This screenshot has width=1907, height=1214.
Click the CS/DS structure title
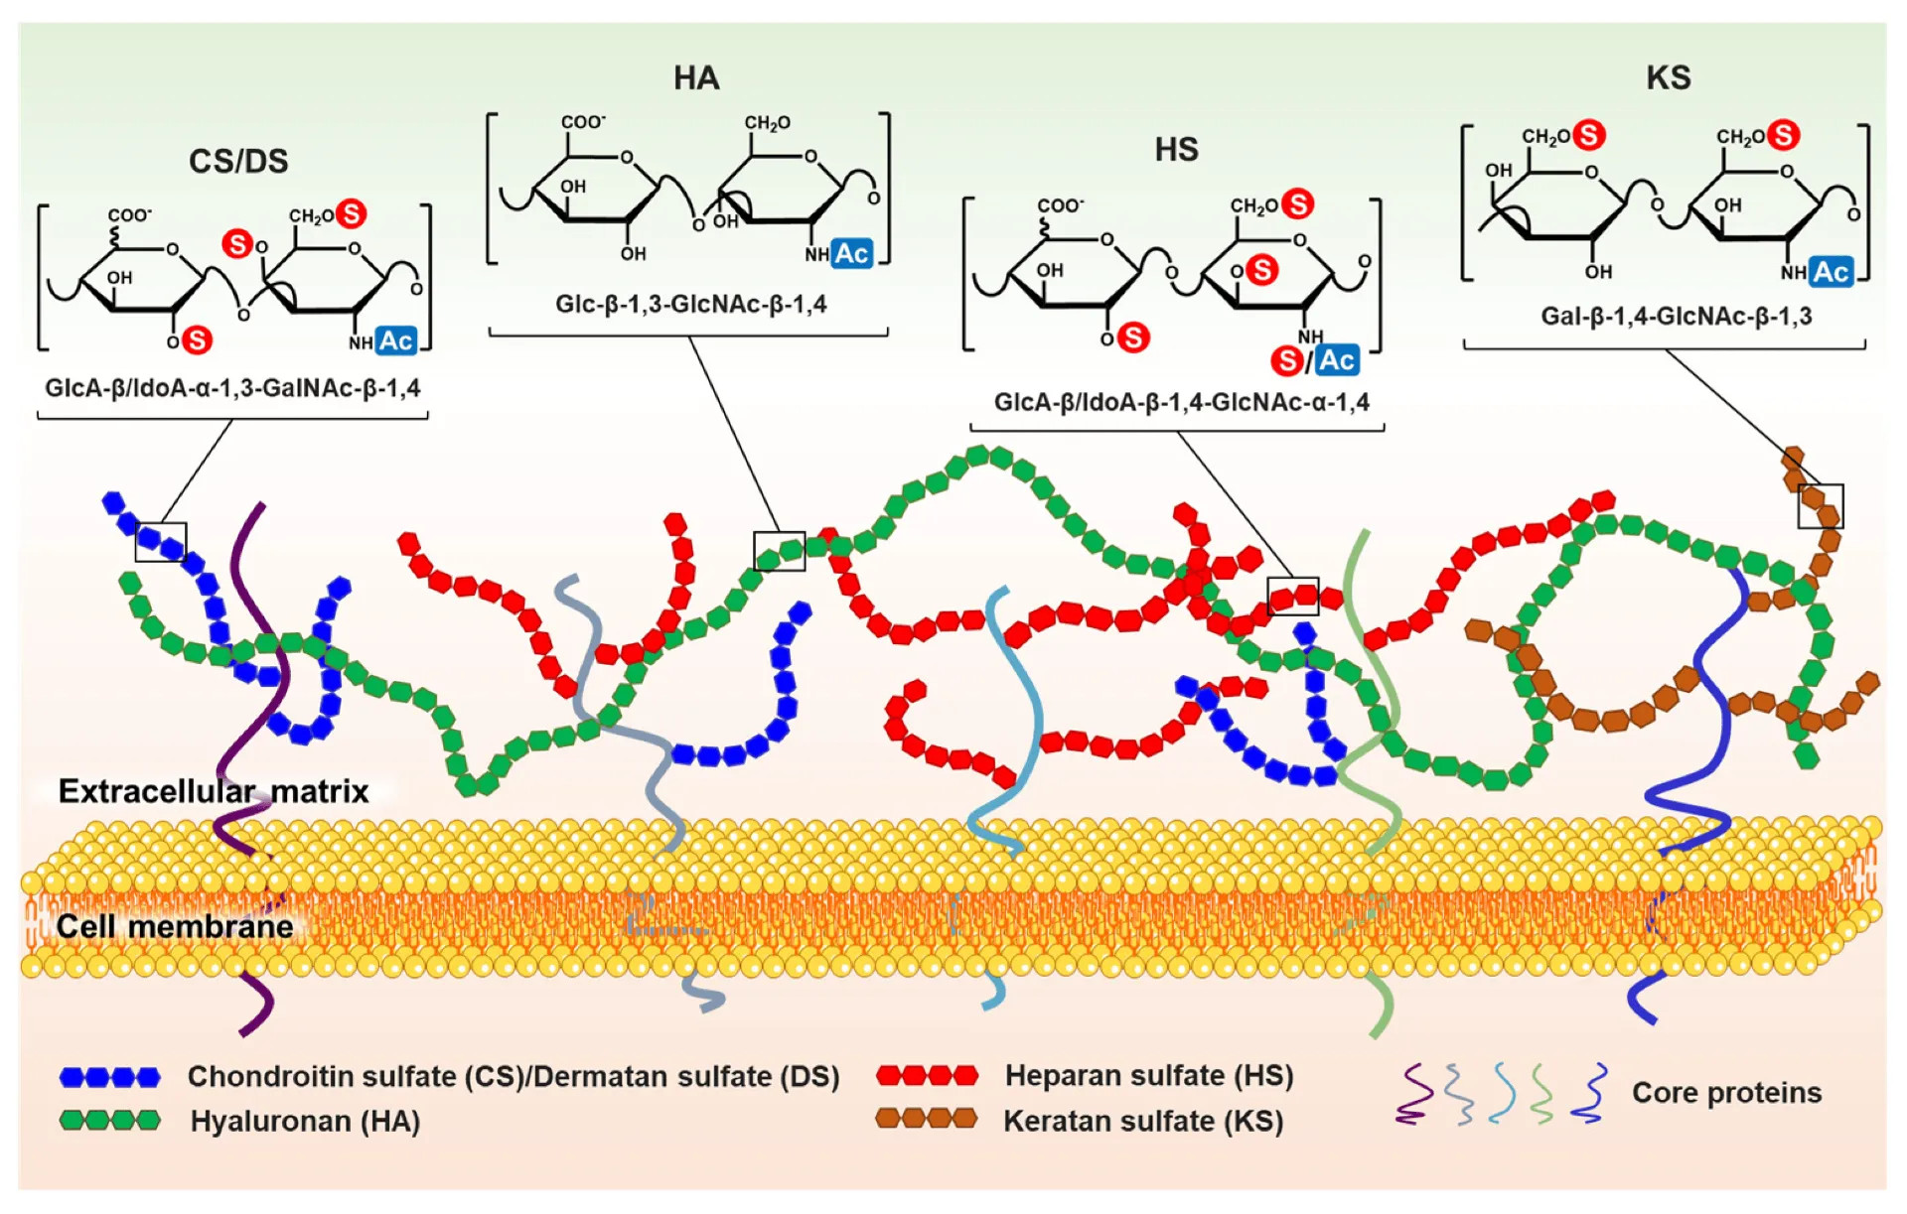click(x=238, y=161)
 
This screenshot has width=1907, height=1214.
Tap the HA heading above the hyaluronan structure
click(x=696, y=78)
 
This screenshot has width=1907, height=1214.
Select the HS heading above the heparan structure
click(x=1177, y=150)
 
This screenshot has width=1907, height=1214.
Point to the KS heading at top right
click(x=1669, y=77)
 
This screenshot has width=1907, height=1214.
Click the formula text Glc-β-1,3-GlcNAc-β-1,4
click(x=691, y=304)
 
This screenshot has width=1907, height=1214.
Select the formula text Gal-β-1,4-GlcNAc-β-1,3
click(x=1677, y=316)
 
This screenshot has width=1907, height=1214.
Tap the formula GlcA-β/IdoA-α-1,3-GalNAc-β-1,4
click(x=232, y=387)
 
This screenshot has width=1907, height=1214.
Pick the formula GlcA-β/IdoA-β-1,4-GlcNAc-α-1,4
click(x=1182, y=402)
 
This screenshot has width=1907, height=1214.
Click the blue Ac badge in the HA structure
click(x=851, y=253)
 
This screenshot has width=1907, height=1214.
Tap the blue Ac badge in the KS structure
click(x=1832, y=272)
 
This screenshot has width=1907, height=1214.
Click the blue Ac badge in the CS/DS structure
click(x=396, y=340)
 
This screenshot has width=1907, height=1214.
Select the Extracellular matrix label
click(x=214, y=791)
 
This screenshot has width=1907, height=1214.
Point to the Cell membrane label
click(x=175, y=926)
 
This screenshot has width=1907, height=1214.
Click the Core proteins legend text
click(x=1727, y=1092)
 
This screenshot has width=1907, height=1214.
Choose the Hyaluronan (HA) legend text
click(x=305, y=1121)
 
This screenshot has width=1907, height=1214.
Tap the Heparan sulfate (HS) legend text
click(x=1149, y=1075)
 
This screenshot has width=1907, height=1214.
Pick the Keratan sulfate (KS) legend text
click(x=1143, y=1121)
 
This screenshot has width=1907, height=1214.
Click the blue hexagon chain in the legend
click(x=109, y=1077)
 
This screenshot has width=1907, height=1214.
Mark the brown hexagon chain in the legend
click(x=927, y=1119)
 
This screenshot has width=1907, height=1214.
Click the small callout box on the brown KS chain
click(x=1821, y=506)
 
